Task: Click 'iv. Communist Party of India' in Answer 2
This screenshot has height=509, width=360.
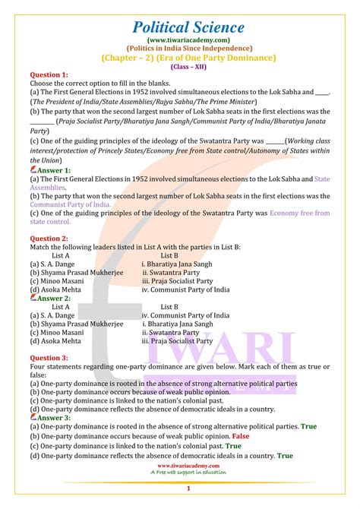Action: tap(185, 315)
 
